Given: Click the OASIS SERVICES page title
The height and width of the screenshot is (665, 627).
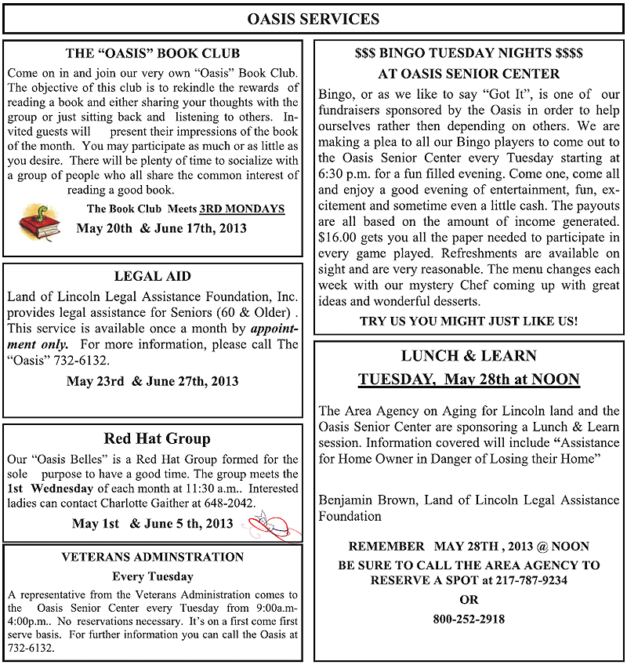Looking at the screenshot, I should coord(313,19).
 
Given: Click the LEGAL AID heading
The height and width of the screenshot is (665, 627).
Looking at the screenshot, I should coord(152,276).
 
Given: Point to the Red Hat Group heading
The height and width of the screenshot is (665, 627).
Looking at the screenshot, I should coord(157,438).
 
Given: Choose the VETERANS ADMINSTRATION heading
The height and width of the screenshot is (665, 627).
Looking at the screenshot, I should coord(153,558).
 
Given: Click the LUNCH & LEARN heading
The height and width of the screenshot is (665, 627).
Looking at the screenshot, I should coord(469,355).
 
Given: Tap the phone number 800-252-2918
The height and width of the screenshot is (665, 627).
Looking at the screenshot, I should coord(469,619).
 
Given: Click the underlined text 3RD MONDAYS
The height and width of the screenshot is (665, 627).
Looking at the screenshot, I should coord(242,209).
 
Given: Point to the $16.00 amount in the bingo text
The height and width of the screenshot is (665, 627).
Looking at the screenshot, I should coord(335,237).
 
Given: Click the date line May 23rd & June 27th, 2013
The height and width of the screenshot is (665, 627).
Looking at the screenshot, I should coord(153,382).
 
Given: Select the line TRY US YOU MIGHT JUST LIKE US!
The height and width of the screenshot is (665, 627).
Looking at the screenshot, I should coord(469,321).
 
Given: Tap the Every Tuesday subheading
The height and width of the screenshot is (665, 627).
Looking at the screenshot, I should coord(153,576).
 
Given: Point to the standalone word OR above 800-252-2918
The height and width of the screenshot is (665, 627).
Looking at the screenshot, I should coord(469,600).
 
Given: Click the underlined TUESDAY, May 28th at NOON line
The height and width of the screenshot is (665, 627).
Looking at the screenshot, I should coord(469,380).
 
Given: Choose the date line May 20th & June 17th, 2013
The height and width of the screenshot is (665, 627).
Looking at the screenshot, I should coord(161,228).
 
